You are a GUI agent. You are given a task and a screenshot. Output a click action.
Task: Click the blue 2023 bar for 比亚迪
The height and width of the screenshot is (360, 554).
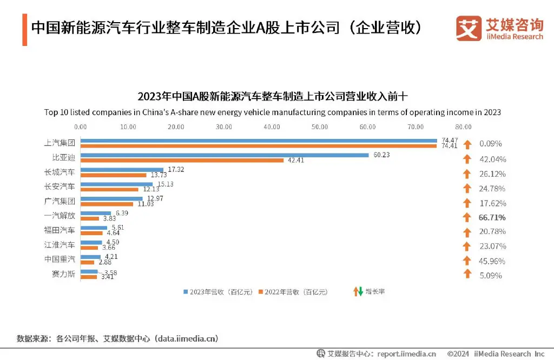[225, 155]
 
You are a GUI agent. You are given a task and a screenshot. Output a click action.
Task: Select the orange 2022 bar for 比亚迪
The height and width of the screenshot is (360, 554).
[182, 160]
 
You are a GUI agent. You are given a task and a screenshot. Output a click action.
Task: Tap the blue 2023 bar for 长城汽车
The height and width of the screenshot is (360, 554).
[122, 170]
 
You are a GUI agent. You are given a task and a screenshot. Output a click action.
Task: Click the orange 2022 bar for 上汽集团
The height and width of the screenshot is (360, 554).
[259, 145]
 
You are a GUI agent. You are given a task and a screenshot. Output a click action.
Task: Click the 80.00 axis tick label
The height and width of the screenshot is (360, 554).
[463, 127]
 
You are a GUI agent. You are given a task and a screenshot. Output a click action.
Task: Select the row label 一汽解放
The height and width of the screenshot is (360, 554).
[60, 215]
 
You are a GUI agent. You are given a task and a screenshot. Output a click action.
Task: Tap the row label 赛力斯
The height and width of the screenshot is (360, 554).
[63, 274]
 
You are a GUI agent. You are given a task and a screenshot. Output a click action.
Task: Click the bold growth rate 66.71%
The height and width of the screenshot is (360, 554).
[492, 217]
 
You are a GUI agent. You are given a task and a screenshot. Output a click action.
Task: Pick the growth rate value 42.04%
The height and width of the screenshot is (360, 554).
[492, 159]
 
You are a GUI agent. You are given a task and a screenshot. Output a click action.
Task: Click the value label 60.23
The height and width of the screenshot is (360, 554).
[381, 154]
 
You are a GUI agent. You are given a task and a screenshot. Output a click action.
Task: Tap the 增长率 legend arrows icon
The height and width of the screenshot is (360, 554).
[357, 292]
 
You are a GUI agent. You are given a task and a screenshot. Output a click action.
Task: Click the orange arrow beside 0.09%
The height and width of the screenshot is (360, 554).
[467, 144]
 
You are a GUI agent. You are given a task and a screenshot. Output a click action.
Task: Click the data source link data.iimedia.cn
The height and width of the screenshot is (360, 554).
[187, 338]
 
